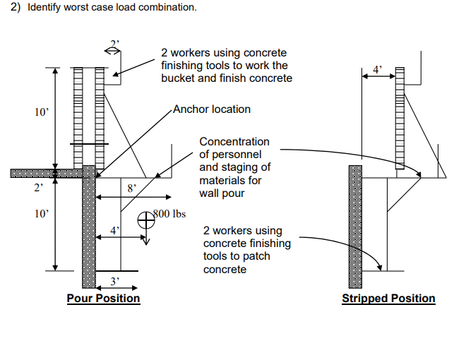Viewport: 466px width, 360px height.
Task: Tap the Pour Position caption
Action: click(x=103, y=299)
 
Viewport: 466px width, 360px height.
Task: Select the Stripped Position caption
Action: click(x=388, y=299)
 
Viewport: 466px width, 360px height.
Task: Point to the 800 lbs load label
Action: click(x=170, y=214)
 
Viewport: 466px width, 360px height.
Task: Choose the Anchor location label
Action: click(x=212, y=109)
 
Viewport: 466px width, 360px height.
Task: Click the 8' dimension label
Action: click(x=131, y=188)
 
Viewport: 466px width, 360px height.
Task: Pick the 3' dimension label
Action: click(x=117, y=281)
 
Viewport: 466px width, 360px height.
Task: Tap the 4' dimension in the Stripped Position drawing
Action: click(x=378, y=69)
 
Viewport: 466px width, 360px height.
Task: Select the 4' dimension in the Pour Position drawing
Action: click(x=115, y=230)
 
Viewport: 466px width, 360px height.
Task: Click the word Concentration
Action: click(x=234, y=142)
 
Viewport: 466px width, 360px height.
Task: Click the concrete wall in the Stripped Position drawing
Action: click(x=357, y=226)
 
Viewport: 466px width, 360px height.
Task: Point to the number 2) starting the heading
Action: click(x=17, y=7)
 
